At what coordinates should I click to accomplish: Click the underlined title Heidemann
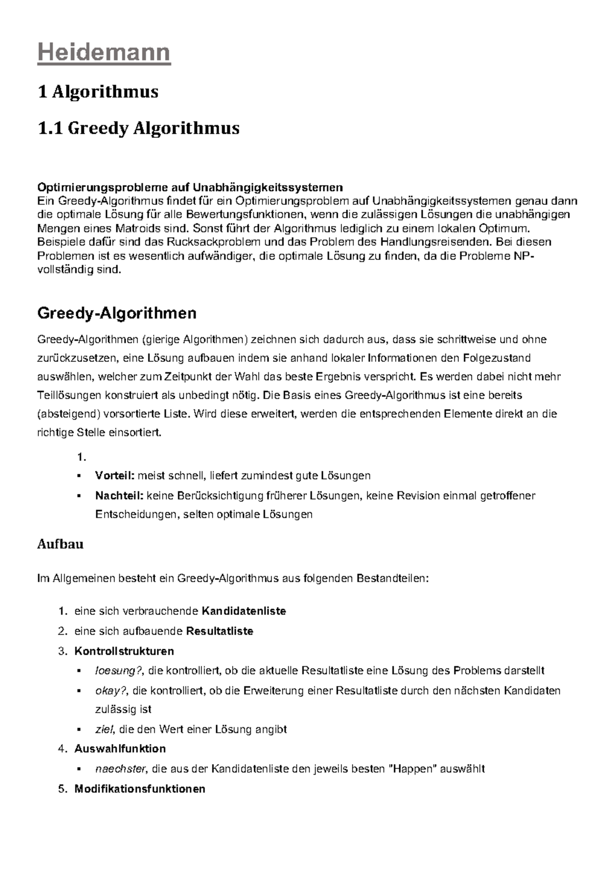(x=104, y=53)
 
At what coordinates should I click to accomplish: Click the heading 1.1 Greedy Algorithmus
(x=138, y=128)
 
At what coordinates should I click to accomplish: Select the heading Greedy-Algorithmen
(x=117, y=313)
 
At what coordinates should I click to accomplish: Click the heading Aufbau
(x=60, y=544)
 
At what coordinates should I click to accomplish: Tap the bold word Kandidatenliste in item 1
(x=244, y=611)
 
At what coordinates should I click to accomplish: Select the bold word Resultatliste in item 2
(x=220, y=631)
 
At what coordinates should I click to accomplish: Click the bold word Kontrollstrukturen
(x=124, y=651)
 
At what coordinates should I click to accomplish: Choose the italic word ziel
(x=104, y=729)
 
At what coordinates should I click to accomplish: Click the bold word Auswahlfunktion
(x=120, y=749)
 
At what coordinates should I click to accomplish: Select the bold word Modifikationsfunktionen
(x=139, y=789)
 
